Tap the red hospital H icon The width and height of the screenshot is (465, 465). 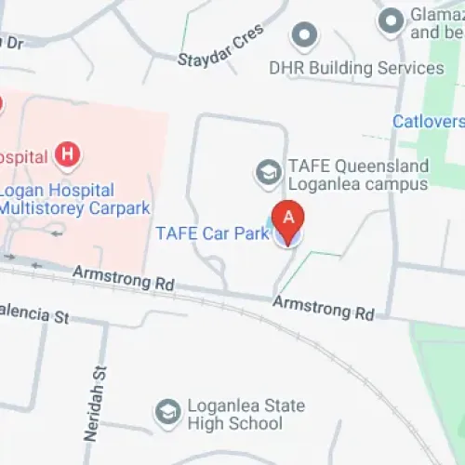[x=66, y=153]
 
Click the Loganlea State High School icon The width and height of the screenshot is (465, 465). [x=168, y=412]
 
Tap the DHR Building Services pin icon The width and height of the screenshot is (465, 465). [x=303, y=36]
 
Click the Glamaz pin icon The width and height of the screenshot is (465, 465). [x=390, y=19]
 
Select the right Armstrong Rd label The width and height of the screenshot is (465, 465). [x=324, y=309]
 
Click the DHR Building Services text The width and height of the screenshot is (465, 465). [x=356, y=68]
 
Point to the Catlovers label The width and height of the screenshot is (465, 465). [x=428, y=121]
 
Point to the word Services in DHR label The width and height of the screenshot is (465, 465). [x=410, y=68]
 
